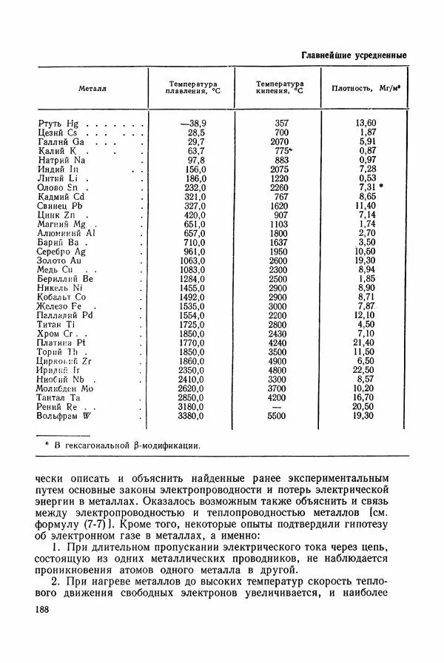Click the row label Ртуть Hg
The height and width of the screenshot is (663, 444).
(x=57, y=123)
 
